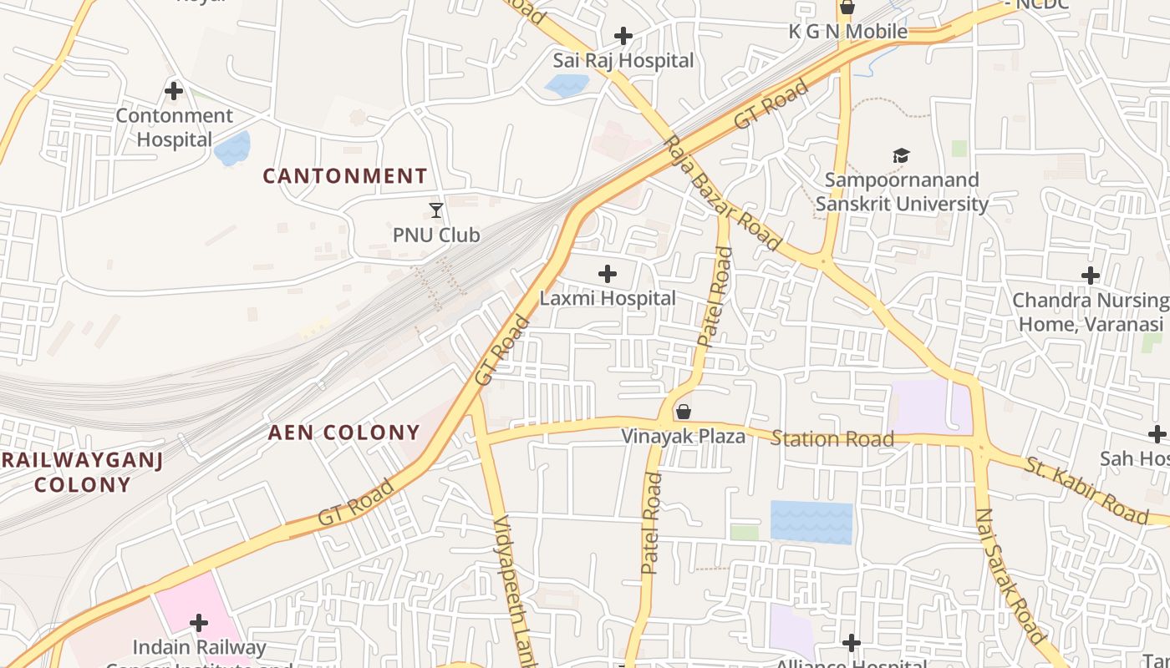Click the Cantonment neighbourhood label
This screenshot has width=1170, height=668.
pos(345,176)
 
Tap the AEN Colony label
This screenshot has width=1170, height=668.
pos(343,433)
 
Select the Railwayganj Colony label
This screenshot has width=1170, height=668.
pos(82,472)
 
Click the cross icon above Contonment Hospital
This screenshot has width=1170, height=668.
pos(174,91)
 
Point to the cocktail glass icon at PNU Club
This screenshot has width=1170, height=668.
pos(435,210)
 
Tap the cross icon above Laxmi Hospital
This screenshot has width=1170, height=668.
pos(608,273)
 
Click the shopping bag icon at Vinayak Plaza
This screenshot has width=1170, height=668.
pos(684,412)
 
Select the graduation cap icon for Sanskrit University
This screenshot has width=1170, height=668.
pos(901,155)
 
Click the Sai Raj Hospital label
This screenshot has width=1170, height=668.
pos(623,60)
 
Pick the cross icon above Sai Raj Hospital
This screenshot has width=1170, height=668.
pos(623,36)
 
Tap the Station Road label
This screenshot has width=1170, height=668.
pos(832,438)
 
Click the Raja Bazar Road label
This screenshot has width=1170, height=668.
pos(722,195)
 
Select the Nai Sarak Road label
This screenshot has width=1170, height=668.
pos(1010,576)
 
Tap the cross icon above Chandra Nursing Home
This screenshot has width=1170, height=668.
pos(1090,276)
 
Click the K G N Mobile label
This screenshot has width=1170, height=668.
pos(848,32)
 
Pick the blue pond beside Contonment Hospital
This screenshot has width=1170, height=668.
pos(232,149)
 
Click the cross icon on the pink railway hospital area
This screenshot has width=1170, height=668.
pos(199,623)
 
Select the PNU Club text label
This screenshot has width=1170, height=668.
pos(436,235)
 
